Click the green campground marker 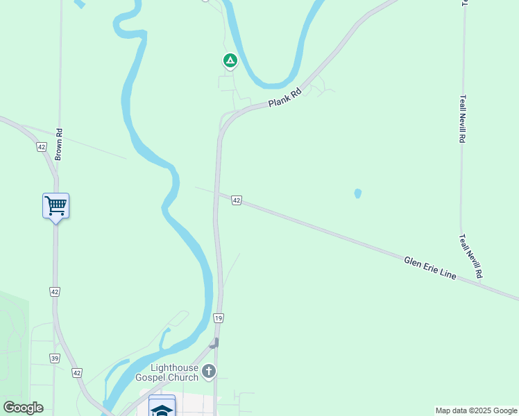230,60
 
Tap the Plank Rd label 285,98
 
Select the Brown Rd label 59,145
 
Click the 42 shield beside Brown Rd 42,147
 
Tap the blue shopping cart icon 56,205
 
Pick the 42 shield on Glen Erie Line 237,200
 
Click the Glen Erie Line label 430,268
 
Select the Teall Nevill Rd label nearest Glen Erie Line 470,257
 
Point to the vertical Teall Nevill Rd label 462,119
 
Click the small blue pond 358,193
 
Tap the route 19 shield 219,318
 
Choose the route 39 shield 55,358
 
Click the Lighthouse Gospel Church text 173,372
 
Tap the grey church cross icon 209,372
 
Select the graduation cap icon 162,409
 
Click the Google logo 23,408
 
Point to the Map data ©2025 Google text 476,410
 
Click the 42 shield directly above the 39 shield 55,292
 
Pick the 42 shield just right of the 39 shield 76,373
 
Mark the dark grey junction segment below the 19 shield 215,343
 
